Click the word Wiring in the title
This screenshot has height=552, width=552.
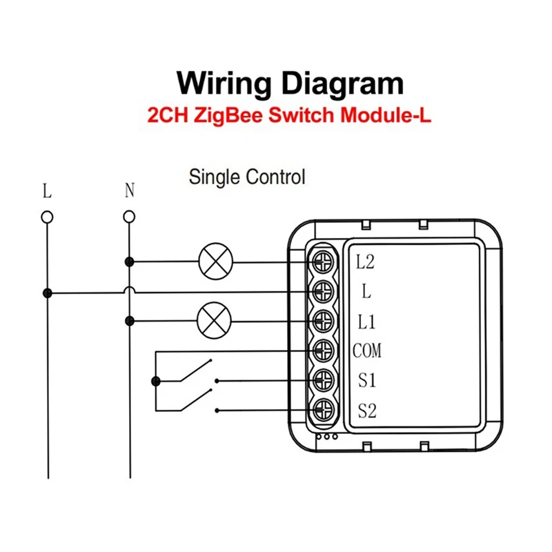click(x=224, y=84)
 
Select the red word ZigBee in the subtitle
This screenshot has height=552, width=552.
click(x=228, y=115)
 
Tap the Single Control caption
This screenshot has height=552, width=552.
click(x=247, y=177)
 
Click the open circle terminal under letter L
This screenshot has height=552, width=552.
click(x=47, y=217)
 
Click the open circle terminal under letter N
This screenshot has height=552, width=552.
click(x=129, y=217)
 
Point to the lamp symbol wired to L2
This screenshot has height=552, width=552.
click(x=216, y=262)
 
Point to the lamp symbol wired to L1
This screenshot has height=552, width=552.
click(x=214, y=321)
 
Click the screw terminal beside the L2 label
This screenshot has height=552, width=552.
click(x=323, y=262)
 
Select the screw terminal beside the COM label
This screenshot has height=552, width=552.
click(x=323, y=351)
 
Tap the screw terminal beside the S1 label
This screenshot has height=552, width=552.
click(x=323, y=380)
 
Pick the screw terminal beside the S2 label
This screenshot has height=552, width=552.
click(x=323, y=410)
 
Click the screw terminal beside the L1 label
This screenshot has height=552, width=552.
click(x=323, y=321)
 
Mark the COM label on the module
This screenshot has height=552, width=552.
click(x=367, y=351)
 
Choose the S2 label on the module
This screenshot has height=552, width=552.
click(x=367, y=411)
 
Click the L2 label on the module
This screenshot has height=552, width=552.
click(x=365, y=262)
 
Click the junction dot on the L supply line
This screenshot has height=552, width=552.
click(x=47, y=293)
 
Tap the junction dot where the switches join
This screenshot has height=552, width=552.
click(x=156, y=381)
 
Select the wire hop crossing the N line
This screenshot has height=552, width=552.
click(x=129, y=289)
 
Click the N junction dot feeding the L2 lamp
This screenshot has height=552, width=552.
click(x=129, y=262)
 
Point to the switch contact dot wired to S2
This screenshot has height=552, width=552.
click(x=217, y=411)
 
